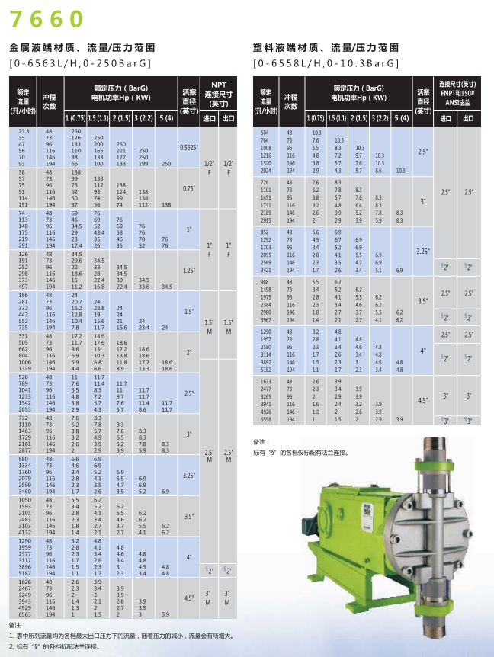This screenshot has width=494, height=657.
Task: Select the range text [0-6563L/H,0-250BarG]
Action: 81,63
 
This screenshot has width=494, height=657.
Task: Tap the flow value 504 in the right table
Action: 266,132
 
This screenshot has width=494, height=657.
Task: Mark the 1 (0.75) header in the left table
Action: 75,118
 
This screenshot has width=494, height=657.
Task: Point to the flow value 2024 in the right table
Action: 266,171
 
